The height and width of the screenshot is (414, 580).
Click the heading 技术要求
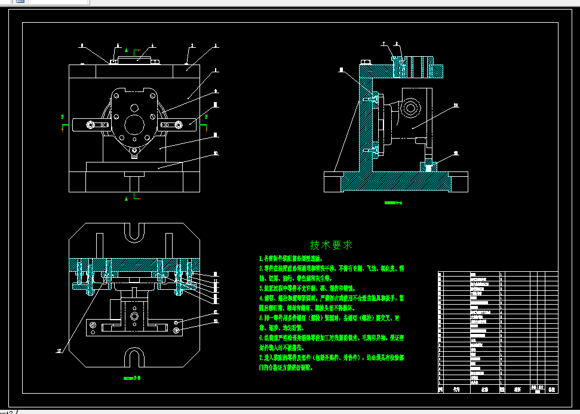331,245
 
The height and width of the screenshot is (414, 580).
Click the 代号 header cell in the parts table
457,389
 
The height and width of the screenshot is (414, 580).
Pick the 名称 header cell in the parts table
484,389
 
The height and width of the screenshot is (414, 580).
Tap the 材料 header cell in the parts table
510,389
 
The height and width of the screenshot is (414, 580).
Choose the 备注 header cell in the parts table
551,389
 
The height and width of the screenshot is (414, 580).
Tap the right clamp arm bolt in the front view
178,124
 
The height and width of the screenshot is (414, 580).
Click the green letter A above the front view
134,51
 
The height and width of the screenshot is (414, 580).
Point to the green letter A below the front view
126,197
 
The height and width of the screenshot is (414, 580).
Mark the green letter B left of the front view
62,116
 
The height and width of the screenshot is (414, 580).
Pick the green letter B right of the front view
206,116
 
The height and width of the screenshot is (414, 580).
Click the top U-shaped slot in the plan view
134,234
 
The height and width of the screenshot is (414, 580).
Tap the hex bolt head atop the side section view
365,61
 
